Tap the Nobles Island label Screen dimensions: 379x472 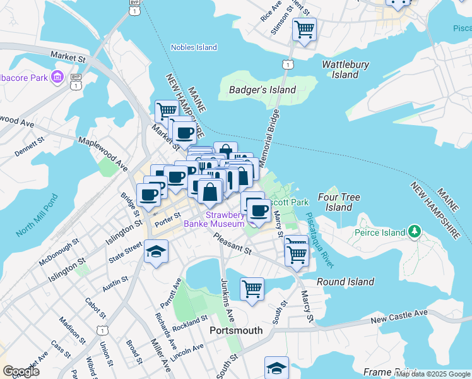(194, 47)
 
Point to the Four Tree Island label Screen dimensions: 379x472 (339, 202)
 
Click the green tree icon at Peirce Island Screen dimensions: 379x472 (414, 232)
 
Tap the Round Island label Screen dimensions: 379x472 (345, 282)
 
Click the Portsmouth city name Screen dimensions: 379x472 (235, 330)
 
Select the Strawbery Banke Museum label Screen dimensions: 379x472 (214, 219)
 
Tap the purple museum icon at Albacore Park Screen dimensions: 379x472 (57, 78)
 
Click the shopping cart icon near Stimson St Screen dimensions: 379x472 (304, 29)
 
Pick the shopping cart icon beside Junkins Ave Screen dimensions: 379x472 (252, 289)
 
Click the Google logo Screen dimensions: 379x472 (21, 371)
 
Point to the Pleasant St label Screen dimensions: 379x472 (232, 244)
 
